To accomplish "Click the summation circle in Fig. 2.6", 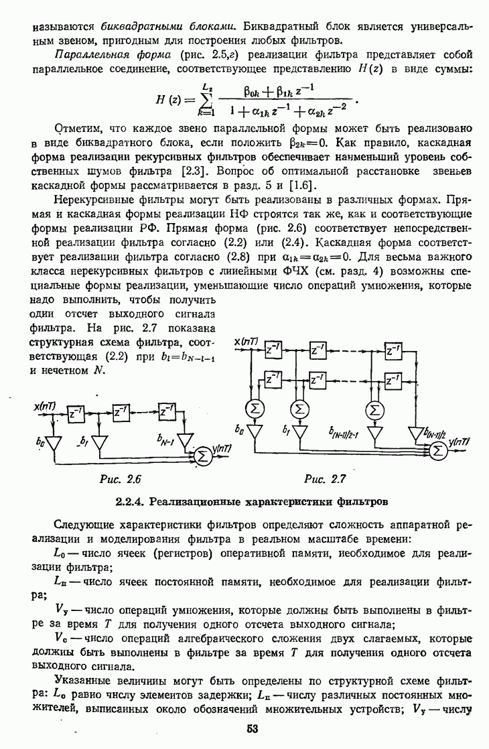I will [x=200, y=456].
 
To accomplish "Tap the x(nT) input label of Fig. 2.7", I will [x=247, y=344].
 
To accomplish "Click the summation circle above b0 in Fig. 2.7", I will [x=255, y=408].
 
